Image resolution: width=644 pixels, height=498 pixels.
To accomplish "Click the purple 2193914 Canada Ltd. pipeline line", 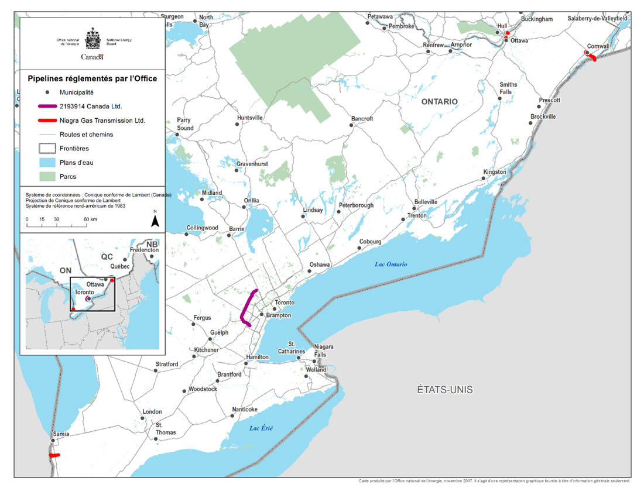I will (245, 307).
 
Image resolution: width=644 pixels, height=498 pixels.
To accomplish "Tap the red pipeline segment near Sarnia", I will (54, 455).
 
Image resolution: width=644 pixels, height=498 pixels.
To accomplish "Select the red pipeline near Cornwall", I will (592, 57).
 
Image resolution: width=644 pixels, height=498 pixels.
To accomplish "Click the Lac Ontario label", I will (391, 265).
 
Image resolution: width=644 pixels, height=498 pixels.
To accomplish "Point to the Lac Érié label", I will (261, 428).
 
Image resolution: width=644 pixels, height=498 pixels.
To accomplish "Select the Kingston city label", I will (494, 172).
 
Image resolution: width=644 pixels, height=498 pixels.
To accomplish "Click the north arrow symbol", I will (155, 220).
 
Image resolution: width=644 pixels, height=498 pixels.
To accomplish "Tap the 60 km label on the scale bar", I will (90, 219).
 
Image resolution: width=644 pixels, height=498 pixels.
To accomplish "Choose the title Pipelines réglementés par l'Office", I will (93, 78).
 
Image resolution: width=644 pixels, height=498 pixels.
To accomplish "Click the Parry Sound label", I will (184, 124).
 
